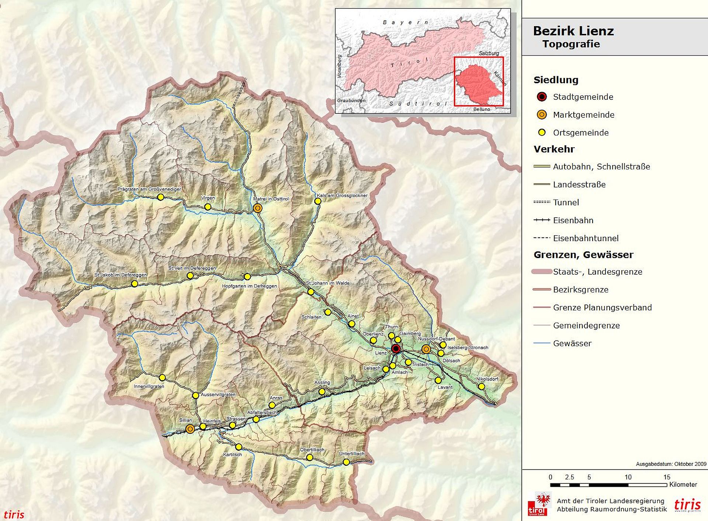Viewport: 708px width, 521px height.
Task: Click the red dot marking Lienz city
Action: tap(396, 349)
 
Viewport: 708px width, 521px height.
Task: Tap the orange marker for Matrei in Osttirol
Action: tap(258, 208)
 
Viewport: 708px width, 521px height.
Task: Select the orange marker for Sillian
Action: tap(190, 429)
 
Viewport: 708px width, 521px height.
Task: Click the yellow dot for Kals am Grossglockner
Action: tap(318, 201)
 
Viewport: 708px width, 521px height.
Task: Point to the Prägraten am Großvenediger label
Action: tap(149, 189)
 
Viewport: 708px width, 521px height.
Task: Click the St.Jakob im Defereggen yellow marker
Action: tap(135, 284)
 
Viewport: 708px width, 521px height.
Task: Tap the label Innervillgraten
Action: tap(149, 386)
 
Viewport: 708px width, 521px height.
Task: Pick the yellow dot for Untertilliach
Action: tap(346, 462)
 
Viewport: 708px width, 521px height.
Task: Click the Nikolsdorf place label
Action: tap(487, 379)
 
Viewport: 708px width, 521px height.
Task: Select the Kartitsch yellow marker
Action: tap(239, 447)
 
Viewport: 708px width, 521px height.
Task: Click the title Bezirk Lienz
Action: tap(573, 31)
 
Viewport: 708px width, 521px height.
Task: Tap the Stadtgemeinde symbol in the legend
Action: tap(541, 97)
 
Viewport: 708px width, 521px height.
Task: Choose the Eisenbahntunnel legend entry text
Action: tap(586, 238)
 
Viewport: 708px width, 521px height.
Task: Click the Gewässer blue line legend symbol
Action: tap(541, 343)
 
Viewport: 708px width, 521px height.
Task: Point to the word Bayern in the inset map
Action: tap(405, 22)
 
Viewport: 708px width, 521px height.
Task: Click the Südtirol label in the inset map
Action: tap(418, 104)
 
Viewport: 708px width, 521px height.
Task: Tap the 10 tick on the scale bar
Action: tap(628, 477)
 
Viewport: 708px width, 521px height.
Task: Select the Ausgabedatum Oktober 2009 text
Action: tap(671, 464)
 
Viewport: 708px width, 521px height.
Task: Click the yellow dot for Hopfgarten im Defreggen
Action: tap(247, 277)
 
